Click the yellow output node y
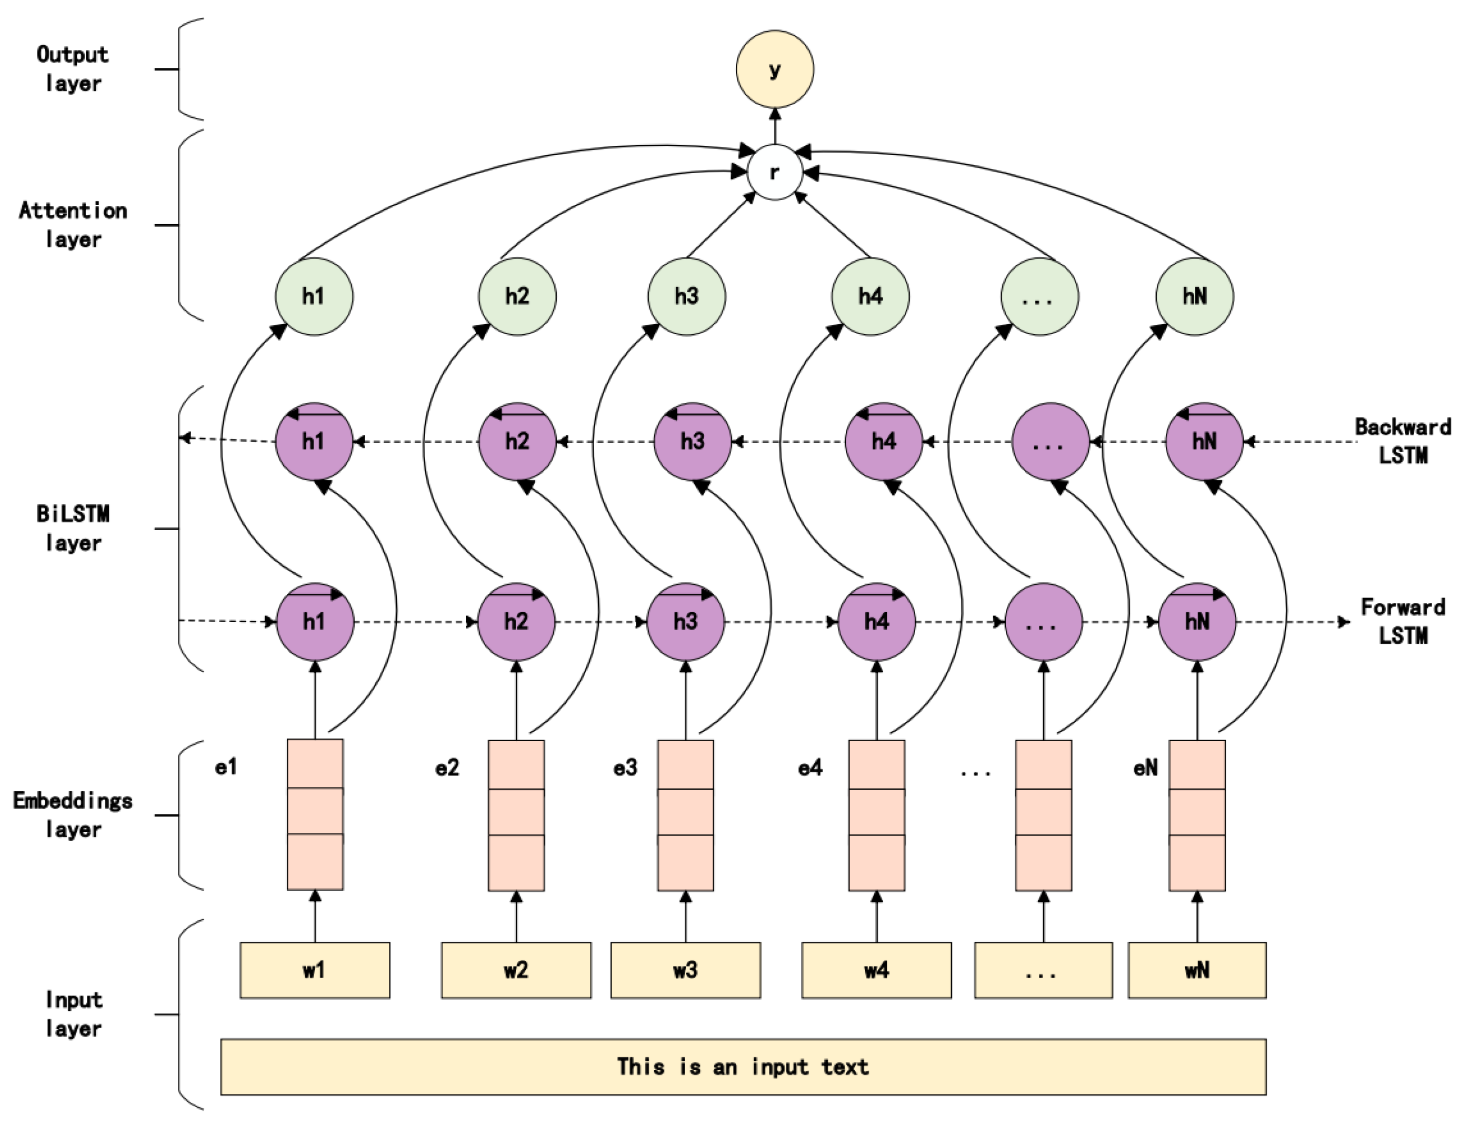(x=774, y=69)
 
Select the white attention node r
(x=774, y=172)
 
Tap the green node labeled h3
(x=686, y=296)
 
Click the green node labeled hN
(x=1195, y=296)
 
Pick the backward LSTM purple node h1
(x=314, y=441)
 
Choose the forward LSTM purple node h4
(x=877, y=622)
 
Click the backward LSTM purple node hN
(x=1203, y=441)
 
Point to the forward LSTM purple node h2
(x=516, y=622)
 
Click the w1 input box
(x=314, y=970)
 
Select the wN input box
(x=1196, y=970)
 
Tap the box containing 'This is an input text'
(x=743, y=1066)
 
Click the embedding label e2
(x=447, y=768)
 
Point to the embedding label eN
(x=1145, y=768)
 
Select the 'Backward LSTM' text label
(x=1403, y=441)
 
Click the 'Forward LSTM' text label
(x=1403, y=621)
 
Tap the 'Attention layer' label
(x=73, y=225)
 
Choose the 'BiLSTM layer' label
(x=73, y=528)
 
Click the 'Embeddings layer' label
(x=73, y=814)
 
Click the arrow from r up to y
(x=775, y=126)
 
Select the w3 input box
(x=685, y=970)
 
